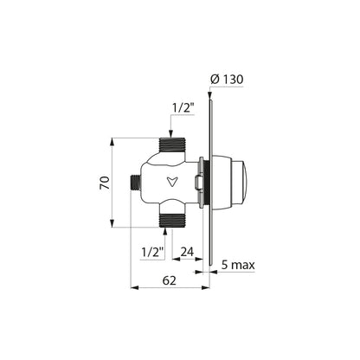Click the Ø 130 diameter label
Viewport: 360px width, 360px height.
click(227, 80)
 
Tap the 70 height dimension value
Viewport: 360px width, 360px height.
click(105, 183)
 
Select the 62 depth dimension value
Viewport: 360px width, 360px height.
click(169, 280)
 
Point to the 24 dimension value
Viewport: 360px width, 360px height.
click(187, 252)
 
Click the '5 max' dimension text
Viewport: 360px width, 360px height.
click(238, 265)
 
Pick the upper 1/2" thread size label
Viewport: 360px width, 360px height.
click(183, 108)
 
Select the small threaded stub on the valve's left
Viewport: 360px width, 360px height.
click(135, 183)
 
